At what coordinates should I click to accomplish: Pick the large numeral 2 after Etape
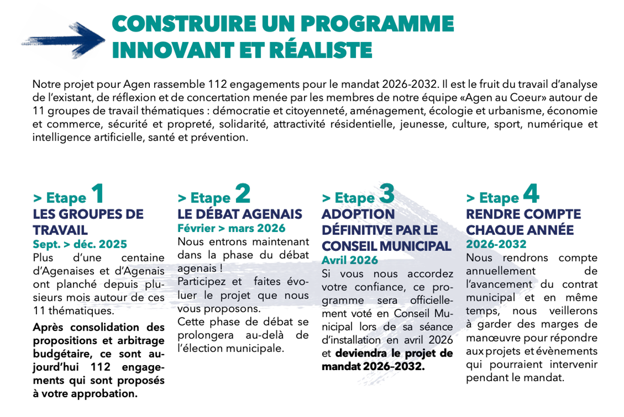[x=243, y=194]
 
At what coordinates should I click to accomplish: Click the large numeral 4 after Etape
[x=531, y=194]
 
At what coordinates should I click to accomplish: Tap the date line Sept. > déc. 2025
[x=80, y=244]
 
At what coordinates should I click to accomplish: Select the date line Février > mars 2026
[x=232, y=229]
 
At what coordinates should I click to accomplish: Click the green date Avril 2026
[x=350, y=260]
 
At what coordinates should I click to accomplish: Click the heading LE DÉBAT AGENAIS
[x=240, y=214]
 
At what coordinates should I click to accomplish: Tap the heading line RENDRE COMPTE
[x=523, y=214]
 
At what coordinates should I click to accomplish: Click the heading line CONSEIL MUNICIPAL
[x=386, y=247]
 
